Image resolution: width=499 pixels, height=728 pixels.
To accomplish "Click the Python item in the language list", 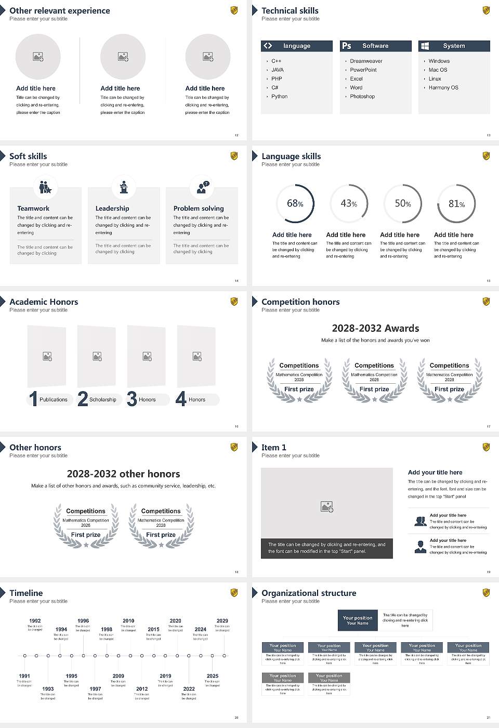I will click(x=279, y=97).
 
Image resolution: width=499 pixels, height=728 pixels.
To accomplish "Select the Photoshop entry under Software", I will click(x=362, y=97).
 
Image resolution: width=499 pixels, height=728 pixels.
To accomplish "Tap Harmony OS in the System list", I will click(x=443, y=88).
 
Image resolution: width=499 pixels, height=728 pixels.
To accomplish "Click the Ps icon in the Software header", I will click(x=347, y=46).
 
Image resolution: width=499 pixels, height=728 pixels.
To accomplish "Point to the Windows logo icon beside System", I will click(x=425, y=46).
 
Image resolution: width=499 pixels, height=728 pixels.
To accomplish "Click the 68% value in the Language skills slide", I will click(x=295, y=203).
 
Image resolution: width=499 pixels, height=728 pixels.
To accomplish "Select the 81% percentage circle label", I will click(x=456, y=204).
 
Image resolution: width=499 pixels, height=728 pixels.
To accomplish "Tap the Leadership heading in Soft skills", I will click(x=112, y=209).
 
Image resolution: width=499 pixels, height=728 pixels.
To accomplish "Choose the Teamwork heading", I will click(x=33, y=209).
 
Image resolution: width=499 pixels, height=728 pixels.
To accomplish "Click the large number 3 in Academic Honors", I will click(x=132, y=399).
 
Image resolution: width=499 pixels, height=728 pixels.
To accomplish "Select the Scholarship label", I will click(x=102, y=400).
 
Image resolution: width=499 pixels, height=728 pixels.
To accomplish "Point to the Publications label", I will click(x=54, y=400).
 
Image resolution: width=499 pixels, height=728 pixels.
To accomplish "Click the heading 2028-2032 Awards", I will click(x=375, y=328).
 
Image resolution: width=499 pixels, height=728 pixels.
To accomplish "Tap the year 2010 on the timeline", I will click(x=128, y=621).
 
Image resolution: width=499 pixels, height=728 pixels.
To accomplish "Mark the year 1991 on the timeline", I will click(x=24, y=676).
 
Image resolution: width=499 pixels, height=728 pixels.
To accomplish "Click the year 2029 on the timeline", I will click(x=222, y=621).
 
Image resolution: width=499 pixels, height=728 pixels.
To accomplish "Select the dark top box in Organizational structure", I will click(x=358, y=620).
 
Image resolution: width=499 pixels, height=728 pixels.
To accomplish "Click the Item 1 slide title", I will click(x=274, y=447).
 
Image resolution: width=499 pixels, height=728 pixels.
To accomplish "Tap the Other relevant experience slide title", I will click(x=60, y=10).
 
